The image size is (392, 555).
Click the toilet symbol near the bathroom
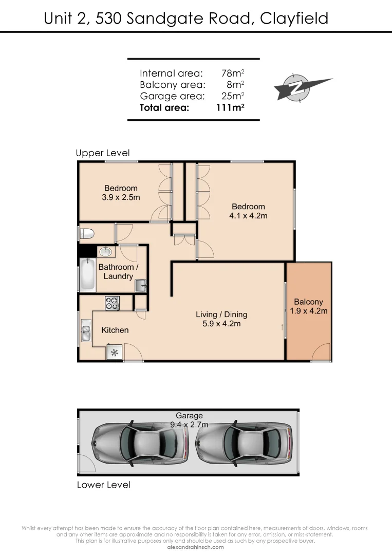click(x=87, y=233)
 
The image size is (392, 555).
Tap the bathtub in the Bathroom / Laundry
click(x=87, y=274)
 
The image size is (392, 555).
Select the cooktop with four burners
click(x=112, y=303)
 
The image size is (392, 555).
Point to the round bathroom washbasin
click(x=105, y=252)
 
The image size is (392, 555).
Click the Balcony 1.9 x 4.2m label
click(x=308, y=306)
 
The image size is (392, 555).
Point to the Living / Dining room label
click(x=221, y=319)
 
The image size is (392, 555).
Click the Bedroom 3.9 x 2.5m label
click(x=121, y=192)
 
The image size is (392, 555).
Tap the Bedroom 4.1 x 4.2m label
click(x=248, y=211)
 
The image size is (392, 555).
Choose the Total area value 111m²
click(x=230, y=108)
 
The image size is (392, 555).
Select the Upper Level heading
click(x=103, y=153)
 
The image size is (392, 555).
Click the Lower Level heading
click(x=103, y=485)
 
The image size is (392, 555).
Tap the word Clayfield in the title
click(x=294, y=18)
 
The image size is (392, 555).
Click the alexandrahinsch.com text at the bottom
click(x=196, y=547)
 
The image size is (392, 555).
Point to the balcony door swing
click(x=321, y=353)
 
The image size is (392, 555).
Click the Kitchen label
click(x=115, y=330)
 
